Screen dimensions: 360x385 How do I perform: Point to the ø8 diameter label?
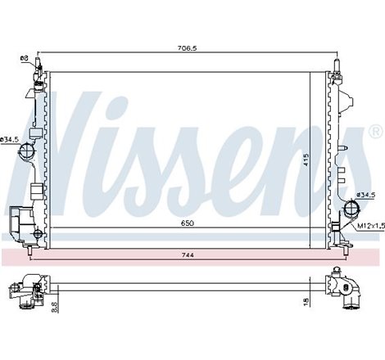[24, 57]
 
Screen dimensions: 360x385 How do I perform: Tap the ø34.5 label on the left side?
[9, 140]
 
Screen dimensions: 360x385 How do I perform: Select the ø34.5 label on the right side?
[365, 195]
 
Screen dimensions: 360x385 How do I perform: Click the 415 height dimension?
[304, 160]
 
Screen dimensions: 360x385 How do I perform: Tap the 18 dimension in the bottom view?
[305, 301]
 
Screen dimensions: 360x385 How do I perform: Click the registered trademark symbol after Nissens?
[376, 130]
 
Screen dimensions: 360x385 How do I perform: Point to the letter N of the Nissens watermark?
[57, 139]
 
